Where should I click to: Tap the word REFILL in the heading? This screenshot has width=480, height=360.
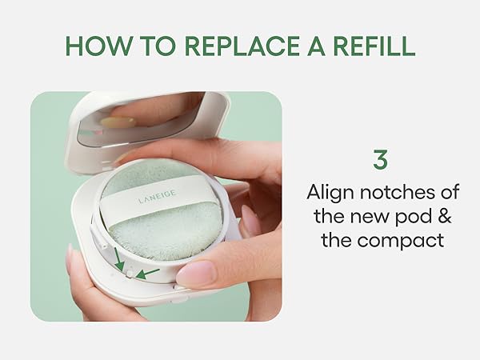374,46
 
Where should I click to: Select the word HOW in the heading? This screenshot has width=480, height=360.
98,46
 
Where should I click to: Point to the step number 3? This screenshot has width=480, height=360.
380,159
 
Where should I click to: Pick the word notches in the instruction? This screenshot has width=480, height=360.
399,192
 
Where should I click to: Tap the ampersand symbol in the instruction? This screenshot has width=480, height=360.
444,217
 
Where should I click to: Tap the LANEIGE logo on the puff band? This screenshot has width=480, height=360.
157,197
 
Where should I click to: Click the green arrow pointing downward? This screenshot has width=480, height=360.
118,259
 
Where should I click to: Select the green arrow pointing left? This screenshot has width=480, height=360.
147,274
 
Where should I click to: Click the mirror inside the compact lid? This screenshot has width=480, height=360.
138,122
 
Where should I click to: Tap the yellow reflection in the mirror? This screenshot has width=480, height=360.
118,122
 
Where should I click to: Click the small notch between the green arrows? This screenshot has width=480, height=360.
130,274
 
